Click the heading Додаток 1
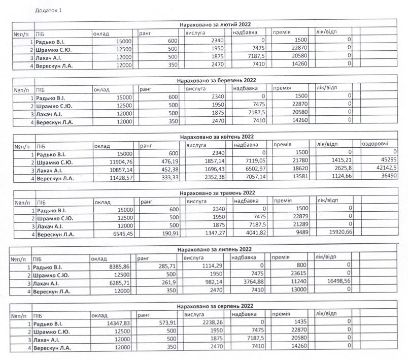[49, 10]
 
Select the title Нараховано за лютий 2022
[215, 24]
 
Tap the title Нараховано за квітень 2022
[217, 137]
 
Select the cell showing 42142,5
[385, 170]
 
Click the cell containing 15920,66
[338, 234]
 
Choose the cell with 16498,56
[336, 282]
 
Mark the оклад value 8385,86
[117, 266]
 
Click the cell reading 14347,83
[118, 323]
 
